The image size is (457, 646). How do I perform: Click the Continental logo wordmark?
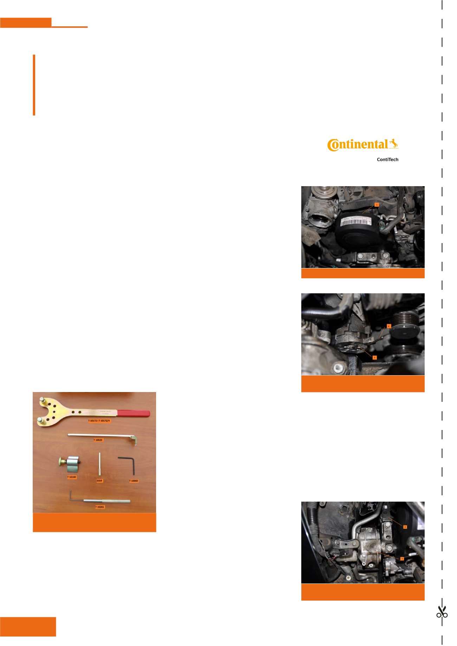tap(358, 145)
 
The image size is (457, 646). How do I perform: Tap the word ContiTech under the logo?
tap(387, 159)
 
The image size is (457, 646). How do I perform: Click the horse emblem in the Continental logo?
tap(394, 143)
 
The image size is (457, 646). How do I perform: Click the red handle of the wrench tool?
tap(133, 413)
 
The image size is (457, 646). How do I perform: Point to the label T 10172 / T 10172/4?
tap(99, 420)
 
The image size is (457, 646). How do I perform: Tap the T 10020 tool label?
tap(98, 440)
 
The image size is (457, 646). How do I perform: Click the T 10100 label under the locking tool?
tap(72, 477)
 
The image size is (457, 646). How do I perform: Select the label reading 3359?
tap(99, 481)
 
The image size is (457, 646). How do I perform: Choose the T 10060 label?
tap(134, 481)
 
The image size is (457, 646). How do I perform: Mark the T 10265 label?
tap(100, 507)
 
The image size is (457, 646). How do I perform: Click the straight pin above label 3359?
tap(99, 464)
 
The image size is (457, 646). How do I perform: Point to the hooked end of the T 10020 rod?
tap(134, 440)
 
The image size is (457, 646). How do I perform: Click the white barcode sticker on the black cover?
tap(356, 221)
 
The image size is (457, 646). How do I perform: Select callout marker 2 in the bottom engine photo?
tap(405, 527)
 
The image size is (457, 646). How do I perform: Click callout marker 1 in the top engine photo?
tap(376, 204)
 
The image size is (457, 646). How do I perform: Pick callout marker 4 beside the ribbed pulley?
tap(388, 326)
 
